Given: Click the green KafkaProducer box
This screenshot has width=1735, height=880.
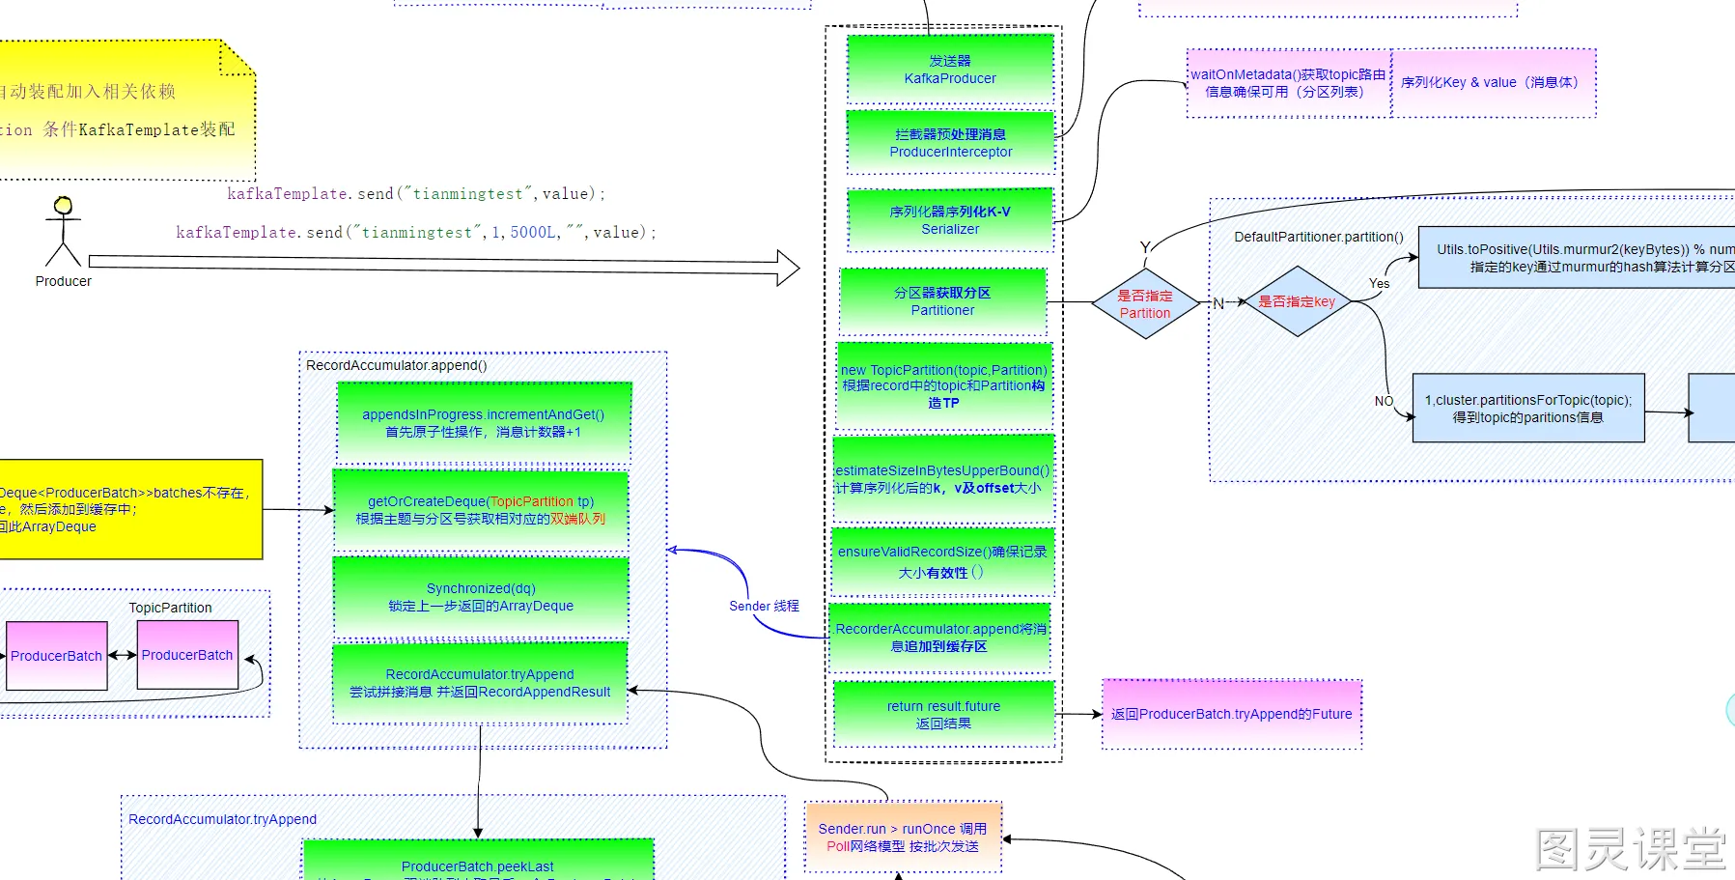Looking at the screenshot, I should [x=950, y=70].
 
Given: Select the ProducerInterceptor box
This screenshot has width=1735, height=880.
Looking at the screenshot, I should [x=950, y=143].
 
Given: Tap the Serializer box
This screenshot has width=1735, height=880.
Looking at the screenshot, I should [x=950, y=220].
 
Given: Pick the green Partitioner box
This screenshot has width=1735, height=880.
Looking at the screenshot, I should [x=942, y=301].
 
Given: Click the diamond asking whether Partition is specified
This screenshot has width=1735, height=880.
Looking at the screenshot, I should [x=1145, y=304].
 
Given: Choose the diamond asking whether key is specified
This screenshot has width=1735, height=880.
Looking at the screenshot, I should [x=1297, y=302].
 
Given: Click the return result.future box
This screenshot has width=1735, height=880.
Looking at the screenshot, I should [x=943, y=715].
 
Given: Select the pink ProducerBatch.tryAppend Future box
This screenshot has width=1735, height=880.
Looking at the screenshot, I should [x=1231, y=715].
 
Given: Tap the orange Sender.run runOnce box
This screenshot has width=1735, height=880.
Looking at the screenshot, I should [x=903, y=837].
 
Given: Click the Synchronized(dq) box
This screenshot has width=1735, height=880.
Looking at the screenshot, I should [x=481, y=597].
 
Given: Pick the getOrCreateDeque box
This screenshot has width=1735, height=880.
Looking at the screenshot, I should [x=481, y=510].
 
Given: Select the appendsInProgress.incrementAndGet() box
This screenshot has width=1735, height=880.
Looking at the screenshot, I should [x=483, y=423].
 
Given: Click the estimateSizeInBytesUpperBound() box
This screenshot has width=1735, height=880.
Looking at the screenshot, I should [x=942, y=479].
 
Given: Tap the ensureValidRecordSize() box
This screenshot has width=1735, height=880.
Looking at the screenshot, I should [x=942, y=561].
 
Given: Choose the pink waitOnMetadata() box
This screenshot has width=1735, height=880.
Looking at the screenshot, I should [x=1288, y=83].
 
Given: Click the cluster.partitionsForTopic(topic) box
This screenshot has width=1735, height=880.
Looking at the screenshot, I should [x=1527, y=409].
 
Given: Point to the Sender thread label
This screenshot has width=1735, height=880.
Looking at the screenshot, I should [x=764, y=607].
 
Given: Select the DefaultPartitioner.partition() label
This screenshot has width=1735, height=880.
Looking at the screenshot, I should [x=1318, y=237].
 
